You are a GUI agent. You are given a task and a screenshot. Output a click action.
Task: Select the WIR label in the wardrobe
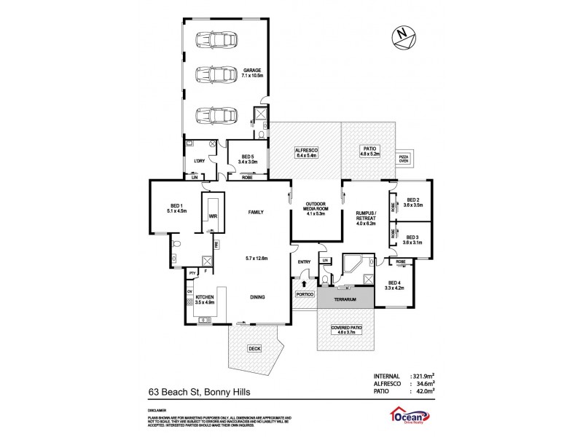pyautogui.click(x=213, y=216)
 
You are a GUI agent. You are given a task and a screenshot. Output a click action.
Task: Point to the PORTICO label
pyautogui.click(x=304, y=295)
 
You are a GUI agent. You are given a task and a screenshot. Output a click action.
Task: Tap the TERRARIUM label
pyautogui.click(x=345, y=299)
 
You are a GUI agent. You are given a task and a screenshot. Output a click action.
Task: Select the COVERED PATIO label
pyautogui.click(x=345, y=329)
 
